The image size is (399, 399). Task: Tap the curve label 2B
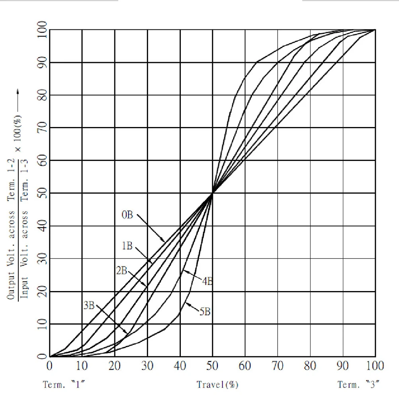point(121,271)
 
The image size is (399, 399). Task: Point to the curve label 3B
point(89,306)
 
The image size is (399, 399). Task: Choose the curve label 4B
point(207,281)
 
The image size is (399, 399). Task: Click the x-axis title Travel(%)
point(217,385)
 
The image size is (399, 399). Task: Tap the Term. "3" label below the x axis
point(358,385)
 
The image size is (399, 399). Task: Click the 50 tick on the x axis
point(213,366)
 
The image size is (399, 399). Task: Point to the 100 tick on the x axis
point(375,366)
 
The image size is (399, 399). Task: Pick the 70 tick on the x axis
point(278,366)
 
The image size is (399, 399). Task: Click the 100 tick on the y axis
point(42,29)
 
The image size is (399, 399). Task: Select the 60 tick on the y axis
point(42,160)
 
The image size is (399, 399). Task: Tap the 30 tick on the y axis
point(42,259)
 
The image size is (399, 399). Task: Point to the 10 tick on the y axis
point(42,324)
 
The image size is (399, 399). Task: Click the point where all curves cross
point(213,193)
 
